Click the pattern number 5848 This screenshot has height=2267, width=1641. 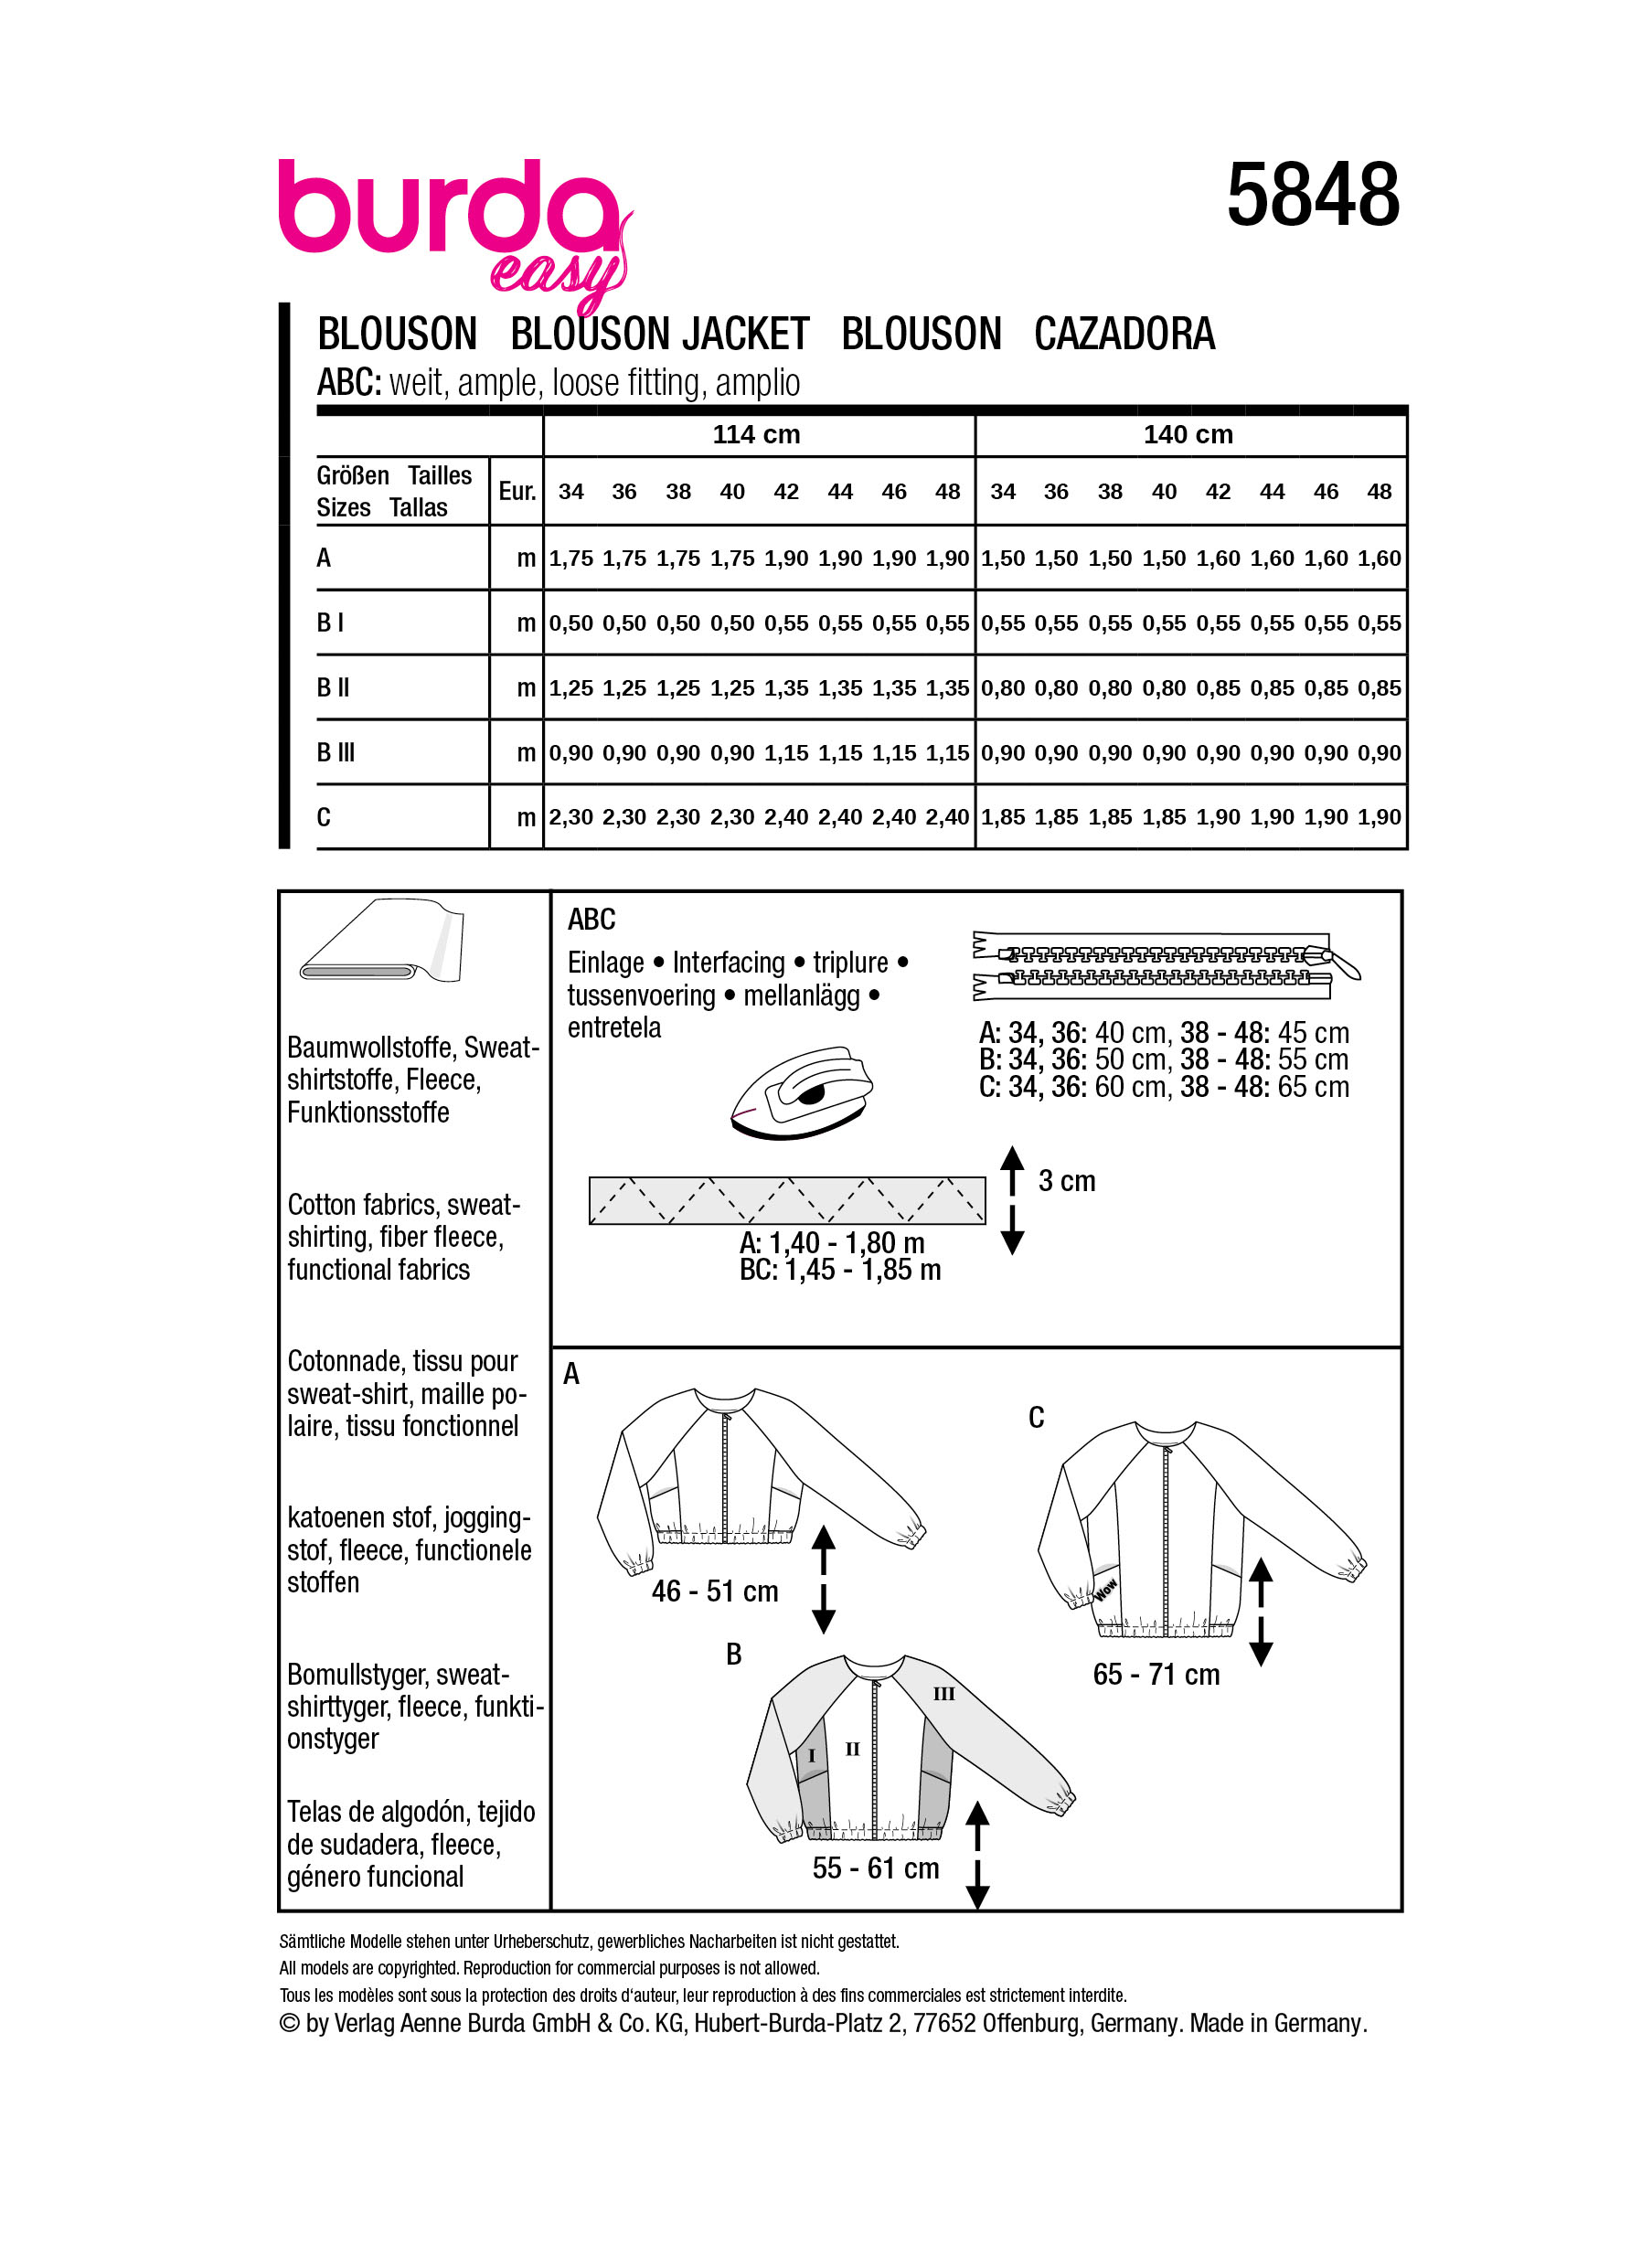pos(1311,195)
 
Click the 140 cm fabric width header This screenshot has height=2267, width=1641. pos(1188,435)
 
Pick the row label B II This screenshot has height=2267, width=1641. pos(333,687)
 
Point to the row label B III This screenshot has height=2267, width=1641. pos(336,752)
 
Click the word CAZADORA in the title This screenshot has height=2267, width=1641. pos(1124,334)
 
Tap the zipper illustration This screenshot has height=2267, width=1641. pos(1165,965)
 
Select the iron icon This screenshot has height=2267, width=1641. pos(802,1092)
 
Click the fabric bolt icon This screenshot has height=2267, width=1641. pos(382,942)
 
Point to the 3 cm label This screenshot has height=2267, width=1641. pos(1066,1181)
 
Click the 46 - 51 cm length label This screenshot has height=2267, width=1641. pos(715,1591)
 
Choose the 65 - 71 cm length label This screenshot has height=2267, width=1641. pos(1156,1675)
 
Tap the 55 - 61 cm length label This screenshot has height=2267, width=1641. pos(876,1868)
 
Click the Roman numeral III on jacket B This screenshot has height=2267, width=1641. pos(943,1694)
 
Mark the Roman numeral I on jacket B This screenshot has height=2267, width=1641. pos(812,1756)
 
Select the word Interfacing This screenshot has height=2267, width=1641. pos(728,963)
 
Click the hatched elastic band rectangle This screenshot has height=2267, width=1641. pos(786,1199)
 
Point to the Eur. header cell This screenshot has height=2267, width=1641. pos(517,491)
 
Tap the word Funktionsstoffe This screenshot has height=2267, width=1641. pos(368,1112)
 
